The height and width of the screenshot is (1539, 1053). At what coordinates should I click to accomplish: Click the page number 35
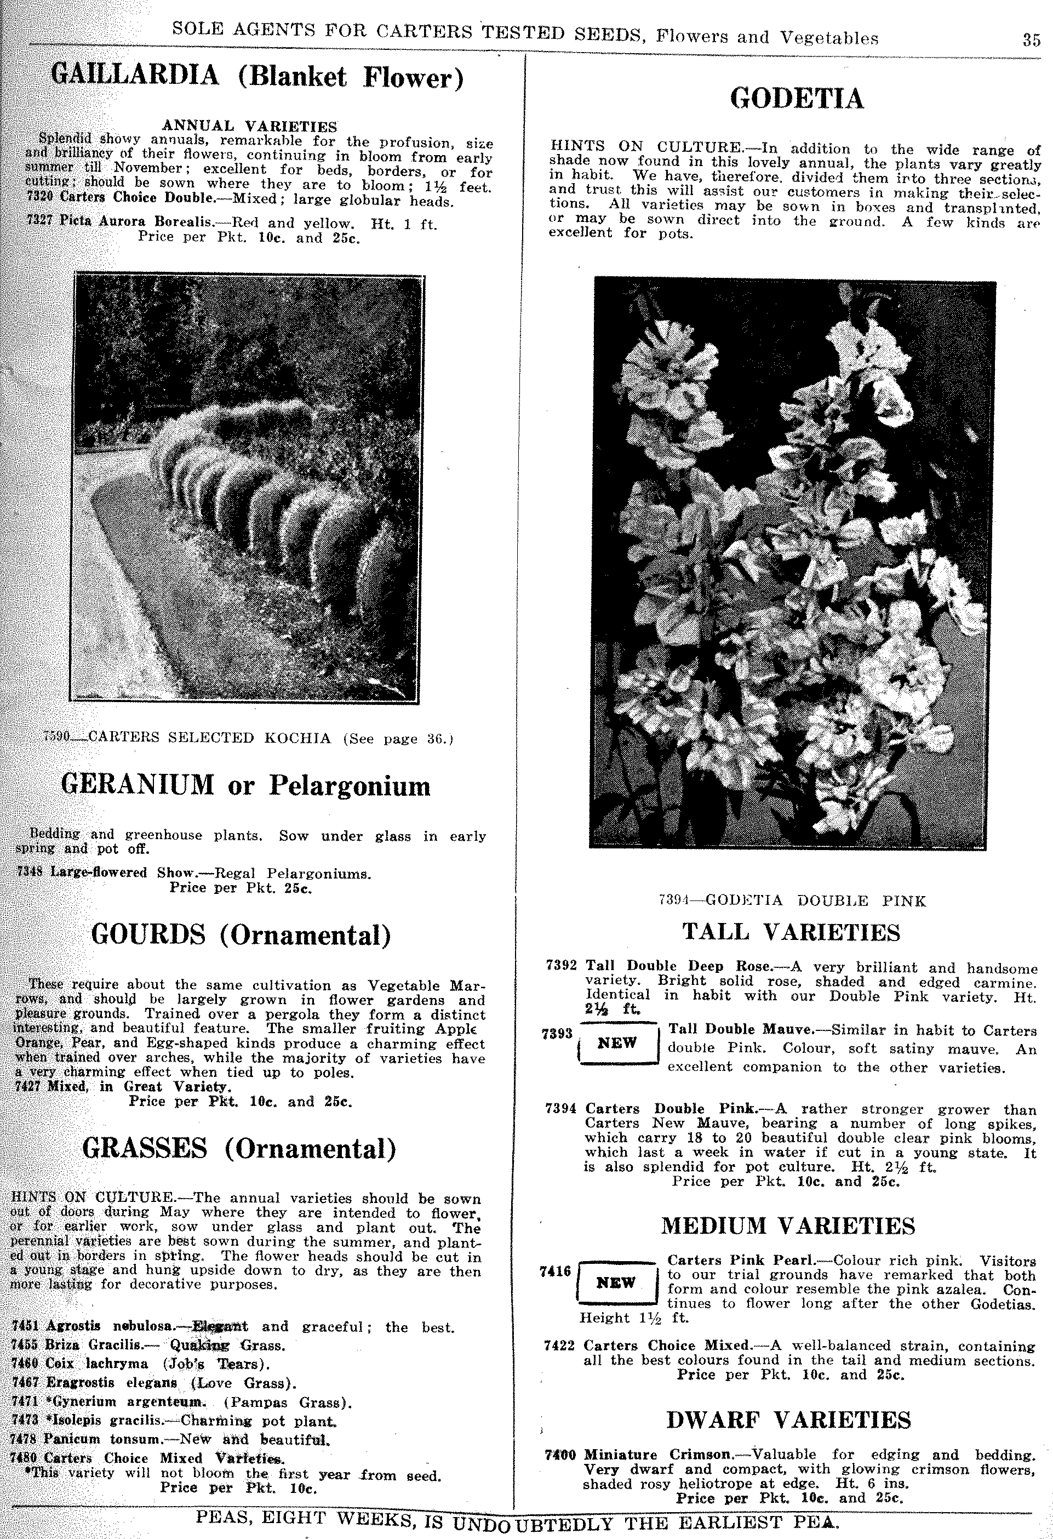pyautogui.click(x=1031, y=39)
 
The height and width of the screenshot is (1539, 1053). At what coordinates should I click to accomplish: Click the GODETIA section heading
pyautogui.click(x=796, y=99)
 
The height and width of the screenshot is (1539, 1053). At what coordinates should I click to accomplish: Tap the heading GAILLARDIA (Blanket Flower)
pyautogui.click(x=257, y=77)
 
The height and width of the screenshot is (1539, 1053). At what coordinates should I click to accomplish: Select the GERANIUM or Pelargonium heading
pyautogui.click(x=245, y=785)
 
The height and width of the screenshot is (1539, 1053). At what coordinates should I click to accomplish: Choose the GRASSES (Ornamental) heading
pyautogui.click(x=239, y=1148)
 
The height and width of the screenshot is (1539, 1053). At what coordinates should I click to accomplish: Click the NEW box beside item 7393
pyautogui.click(x=617, y=1043)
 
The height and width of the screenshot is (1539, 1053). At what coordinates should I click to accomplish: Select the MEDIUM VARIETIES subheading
pyautogui.click(x=788, y=1226)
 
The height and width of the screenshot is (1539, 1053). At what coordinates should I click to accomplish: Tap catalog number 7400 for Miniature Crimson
pyautogui.click(x=560, y=1455)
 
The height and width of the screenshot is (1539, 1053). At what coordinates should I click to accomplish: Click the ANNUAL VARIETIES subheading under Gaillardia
pyautogui.click(x=249, y=126)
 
